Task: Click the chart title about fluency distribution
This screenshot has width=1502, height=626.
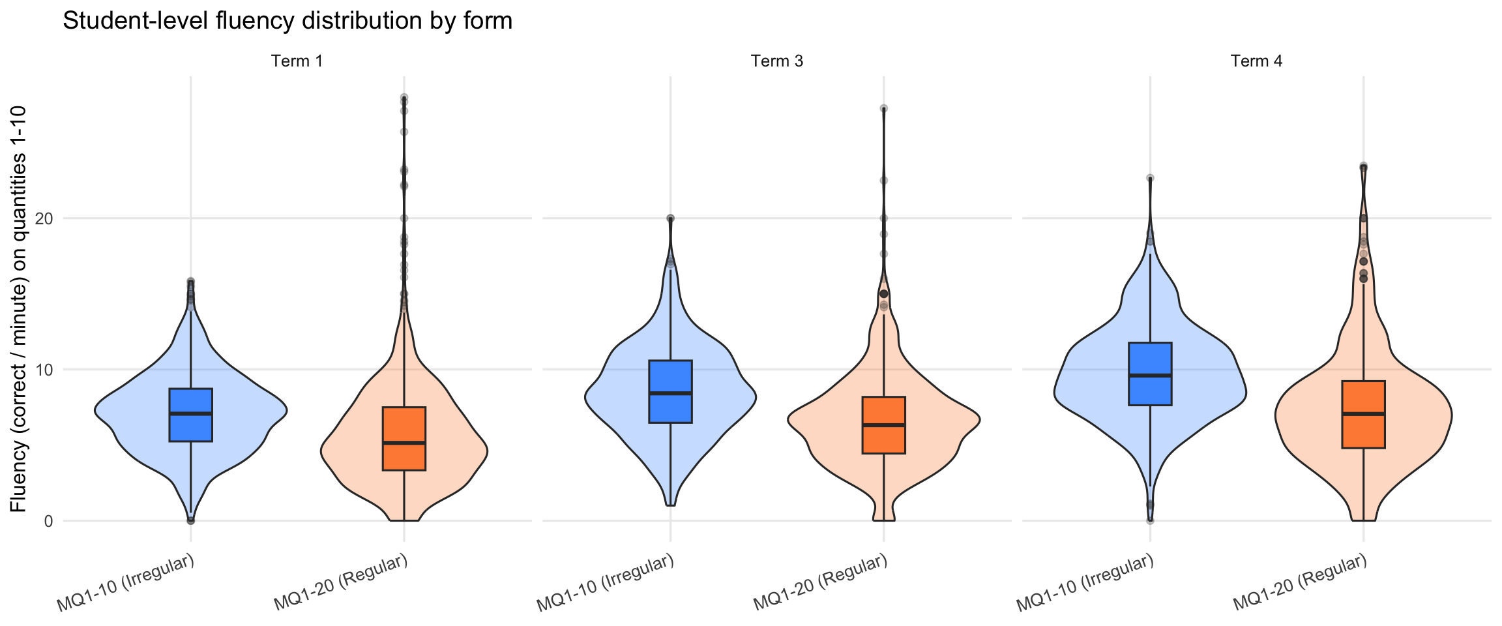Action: coord(287,21)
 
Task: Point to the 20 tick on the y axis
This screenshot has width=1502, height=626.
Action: coord(44,218)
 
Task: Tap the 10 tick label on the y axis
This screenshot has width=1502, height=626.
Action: coord(44,370)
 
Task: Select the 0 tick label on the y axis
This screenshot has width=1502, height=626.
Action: coord(48,521)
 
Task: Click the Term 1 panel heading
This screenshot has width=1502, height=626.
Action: coord(297,61)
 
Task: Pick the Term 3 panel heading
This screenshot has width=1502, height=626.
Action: coord(776,61)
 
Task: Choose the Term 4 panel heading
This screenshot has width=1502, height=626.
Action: coord(1256,61)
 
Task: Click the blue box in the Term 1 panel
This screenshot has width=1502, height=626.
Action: coord(190,415)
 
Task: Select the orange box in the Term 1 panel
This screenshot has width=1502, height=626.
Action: coord(404,438)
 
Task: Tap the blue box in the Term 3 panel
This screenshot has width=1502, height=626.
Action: coord(670,391)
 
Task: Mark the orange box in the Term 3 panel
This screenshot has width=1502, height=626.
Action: coord(884,425)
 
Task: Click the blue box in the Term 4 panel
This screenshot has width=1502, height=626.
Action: coord(1150,374)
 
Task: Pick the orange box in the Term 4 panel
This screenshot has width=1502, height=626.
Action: coord(1363,414)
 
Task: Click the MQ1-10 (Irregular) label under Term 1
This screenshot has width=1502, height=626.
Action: coord(126,583)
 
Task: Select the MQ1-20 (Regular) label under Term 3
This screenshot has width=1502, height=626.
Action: coord(820,583)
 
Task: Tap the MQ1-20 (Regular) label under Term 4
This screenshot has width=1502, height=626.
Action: coord(1300,583)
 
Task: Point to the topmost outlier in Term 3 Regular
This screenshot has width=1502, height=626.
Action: coord(883,108)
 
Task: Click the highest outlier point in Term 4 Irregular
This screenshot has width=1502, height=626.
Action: coord(1150,178)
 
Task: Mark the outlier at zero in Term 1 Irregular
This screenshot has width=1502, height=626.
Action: coord(190,520)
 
